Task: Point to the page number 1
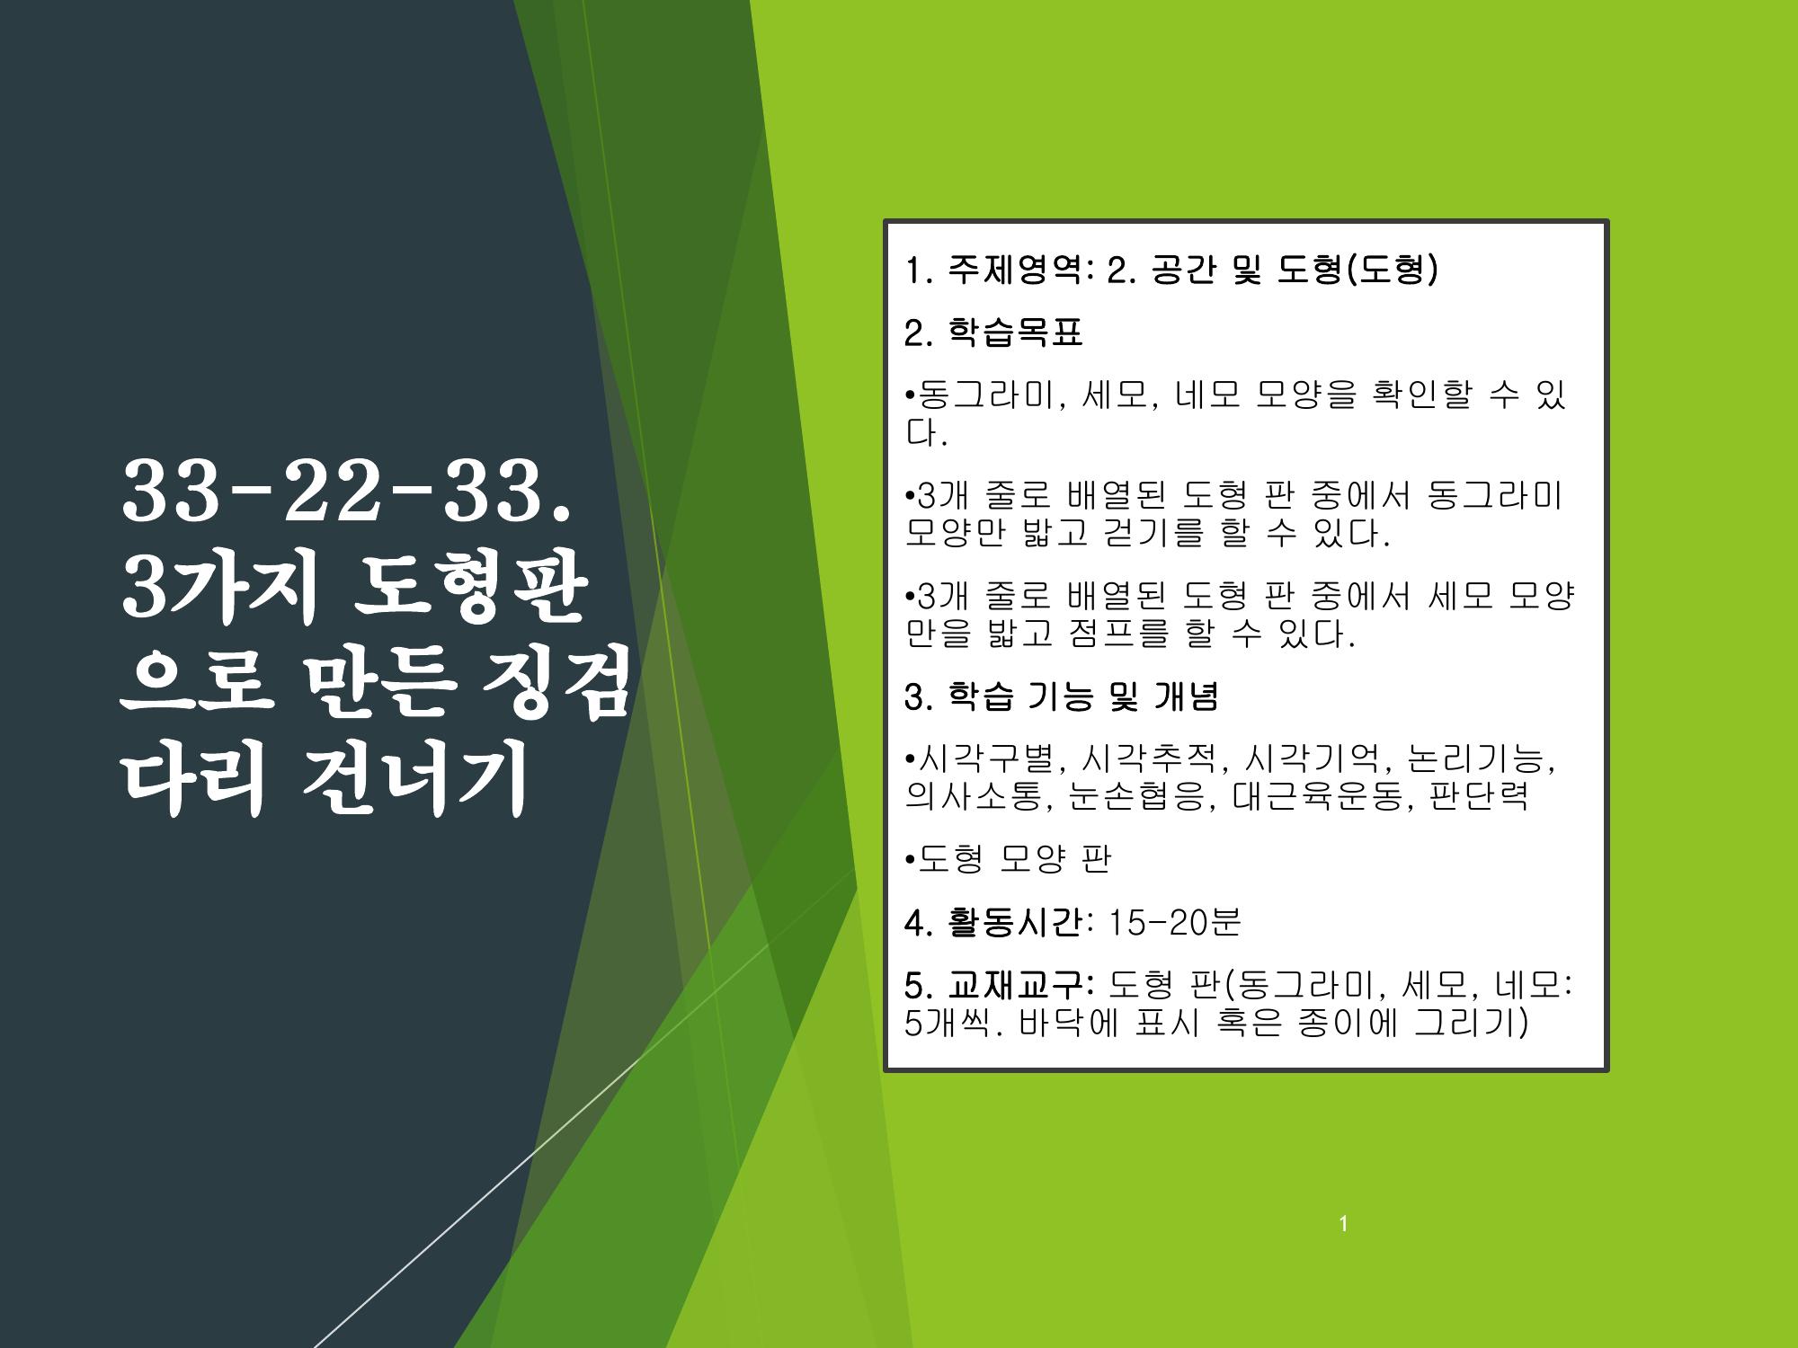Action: tap(1343, 1224)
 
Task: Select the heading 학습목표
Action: tap(1016, 333)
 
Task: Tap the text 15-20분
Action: tap(1174, 923)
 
